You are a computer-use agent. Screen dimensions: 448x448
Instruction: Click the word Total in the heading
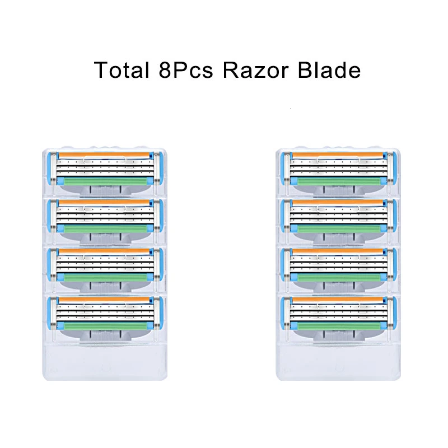point(122,70)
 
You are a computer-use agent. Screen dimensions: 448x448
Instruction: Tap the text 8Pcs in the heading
point(186,70)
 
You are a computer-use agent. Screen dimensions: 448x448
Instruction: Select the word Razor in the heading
point(255,70)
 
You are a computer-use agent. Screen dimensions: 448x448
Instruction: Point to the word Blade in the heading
point(329,70)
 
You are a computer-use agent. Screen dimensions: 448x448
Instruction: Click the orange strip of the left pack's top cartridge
point(104,155)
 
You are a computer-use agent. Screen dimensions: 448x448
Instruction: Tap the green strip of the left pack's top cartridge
point(105,181)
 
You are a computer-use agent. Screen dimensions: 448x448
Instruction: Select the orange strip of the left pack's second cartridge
point(104,203)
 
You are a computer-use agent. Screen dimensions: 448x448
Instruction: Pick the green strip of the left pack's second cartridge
point(105,229)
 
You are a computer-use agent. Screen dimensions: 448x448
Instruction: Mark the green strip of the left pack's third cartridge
point(105,278)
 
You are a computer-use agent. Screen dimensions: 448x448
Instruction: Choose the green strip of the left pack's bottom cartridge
point(105,326)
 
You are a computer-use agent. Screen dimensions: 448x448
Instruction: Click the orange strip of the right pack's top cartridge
point(338,155)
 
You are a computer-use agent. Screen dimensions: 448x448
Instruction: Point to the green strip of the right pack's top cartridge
point(339,181)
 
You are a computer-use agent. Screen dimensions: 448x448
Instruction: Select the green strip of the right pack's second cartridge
point(339,229)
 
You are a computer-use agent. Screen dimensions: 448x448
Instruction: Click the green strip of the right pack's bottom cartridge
point(339,326)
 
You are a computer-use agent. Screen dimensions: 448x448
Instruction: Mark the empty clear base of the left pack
point(105,361)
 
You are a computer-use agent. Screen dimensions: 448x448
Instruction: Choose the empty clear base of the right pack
point(339,361)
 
